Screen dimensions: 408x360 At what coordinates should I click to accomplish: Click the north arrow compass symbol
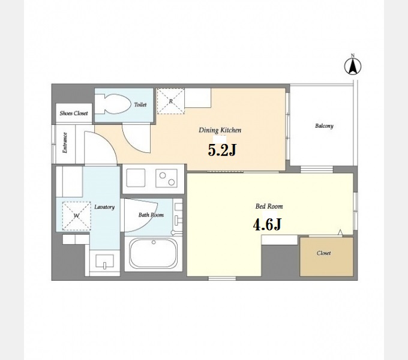tap(353, 66)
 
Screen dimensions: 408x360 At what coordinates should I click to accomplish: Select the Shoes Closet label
tap(74, 113)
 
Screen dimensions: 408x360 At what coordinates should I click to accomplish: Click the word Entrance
tap(65, 143)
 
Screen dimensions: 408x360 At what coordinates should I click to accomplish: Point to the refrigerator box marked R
tap(170, 101)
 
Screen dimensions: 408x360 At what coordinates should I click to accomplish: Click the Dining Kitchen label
tap(220, 130)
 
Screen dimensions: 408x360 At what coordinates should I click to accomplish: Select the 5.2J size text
tap(222, 150)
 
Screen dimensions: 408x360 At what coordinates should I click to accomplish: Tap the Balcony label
tap(324, 126)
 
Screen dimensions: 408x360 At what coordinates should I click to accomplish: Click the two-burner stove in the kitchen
tap(167, 178)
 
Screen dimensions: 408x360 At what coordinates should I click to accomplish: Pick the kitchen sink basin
tap(136, 178)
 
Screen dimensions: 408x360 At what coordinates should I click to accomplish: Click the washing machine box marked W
tap(77, 216)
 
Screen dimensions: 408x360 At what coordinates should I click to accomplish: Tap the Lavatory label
tap(104, 207)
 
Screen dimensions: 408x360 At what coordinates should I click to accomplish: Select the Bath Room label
tap(151, 215)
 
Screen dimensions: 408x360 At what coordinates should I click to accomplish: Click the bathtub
tap(154, 253)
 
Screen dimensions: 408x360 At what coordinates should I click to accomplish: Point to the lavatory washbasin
tap(104, 261)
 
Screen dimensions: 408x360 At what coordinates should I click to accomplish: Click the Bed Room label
tap(269, 206)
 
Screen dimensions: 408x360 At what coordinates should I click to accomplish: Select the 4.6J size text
tap(267, 224)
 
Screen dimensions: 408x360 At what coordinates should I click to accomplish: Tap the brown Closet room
tap(326, 256)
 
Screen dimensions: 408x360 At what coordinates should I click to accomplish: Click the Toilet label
tap(140, 104)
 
